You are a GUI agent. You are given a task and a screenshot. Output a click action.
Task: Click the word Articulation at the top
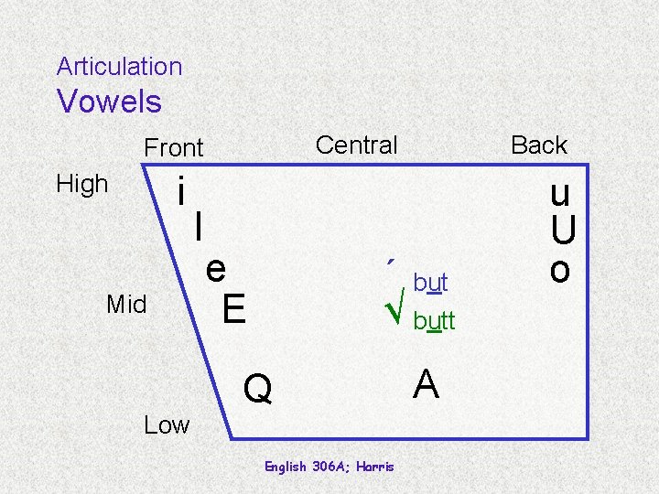[119, 67]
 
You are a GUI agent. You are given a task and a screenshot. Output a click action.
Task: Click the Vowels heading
[109, 102]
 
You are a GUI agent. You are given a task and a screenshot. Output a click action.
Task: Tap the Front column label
[174, 147]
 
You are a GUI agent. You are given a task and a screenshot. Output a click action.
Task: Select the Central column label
[356, 145]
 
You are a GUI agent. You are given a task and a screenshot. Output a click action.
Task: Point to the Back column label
[538, 145]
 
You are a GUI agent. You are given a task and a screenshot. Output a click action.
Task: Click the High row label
[82, 184]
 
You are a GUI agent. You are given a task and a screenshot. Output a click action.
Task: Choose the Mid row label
[126, 304]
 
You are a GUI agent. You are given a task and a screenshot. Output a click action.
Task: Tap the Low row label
[167, 424]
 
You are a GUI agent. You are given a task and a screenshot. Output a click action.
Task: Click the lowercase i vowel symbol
[183, 192]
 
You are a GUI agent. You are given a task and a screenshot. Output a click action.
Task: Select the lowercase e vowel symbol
[216, 269]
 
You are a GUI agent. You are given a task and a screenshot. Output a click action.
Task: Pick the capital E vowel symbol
[233, 309]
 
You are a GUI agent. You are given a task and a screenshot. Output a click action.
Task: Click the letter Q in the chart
[258, 390]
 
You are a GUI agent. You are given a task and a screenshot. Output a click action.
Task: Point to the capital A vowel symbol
[426, 384]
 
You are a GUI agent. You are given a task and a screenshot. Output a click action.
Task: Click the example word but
[430, 283]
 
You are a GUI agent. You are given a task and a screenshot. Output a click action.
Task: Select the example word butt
[434, 322]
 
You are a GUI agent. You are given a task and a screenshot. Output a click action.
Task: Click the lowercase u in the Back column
[560, 194]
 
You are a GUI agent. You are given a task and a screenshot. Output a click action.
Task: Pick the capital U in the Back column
[562, 232]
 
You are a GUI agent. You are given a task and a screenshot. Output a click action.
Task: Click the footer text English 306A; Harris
[329, 467]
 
